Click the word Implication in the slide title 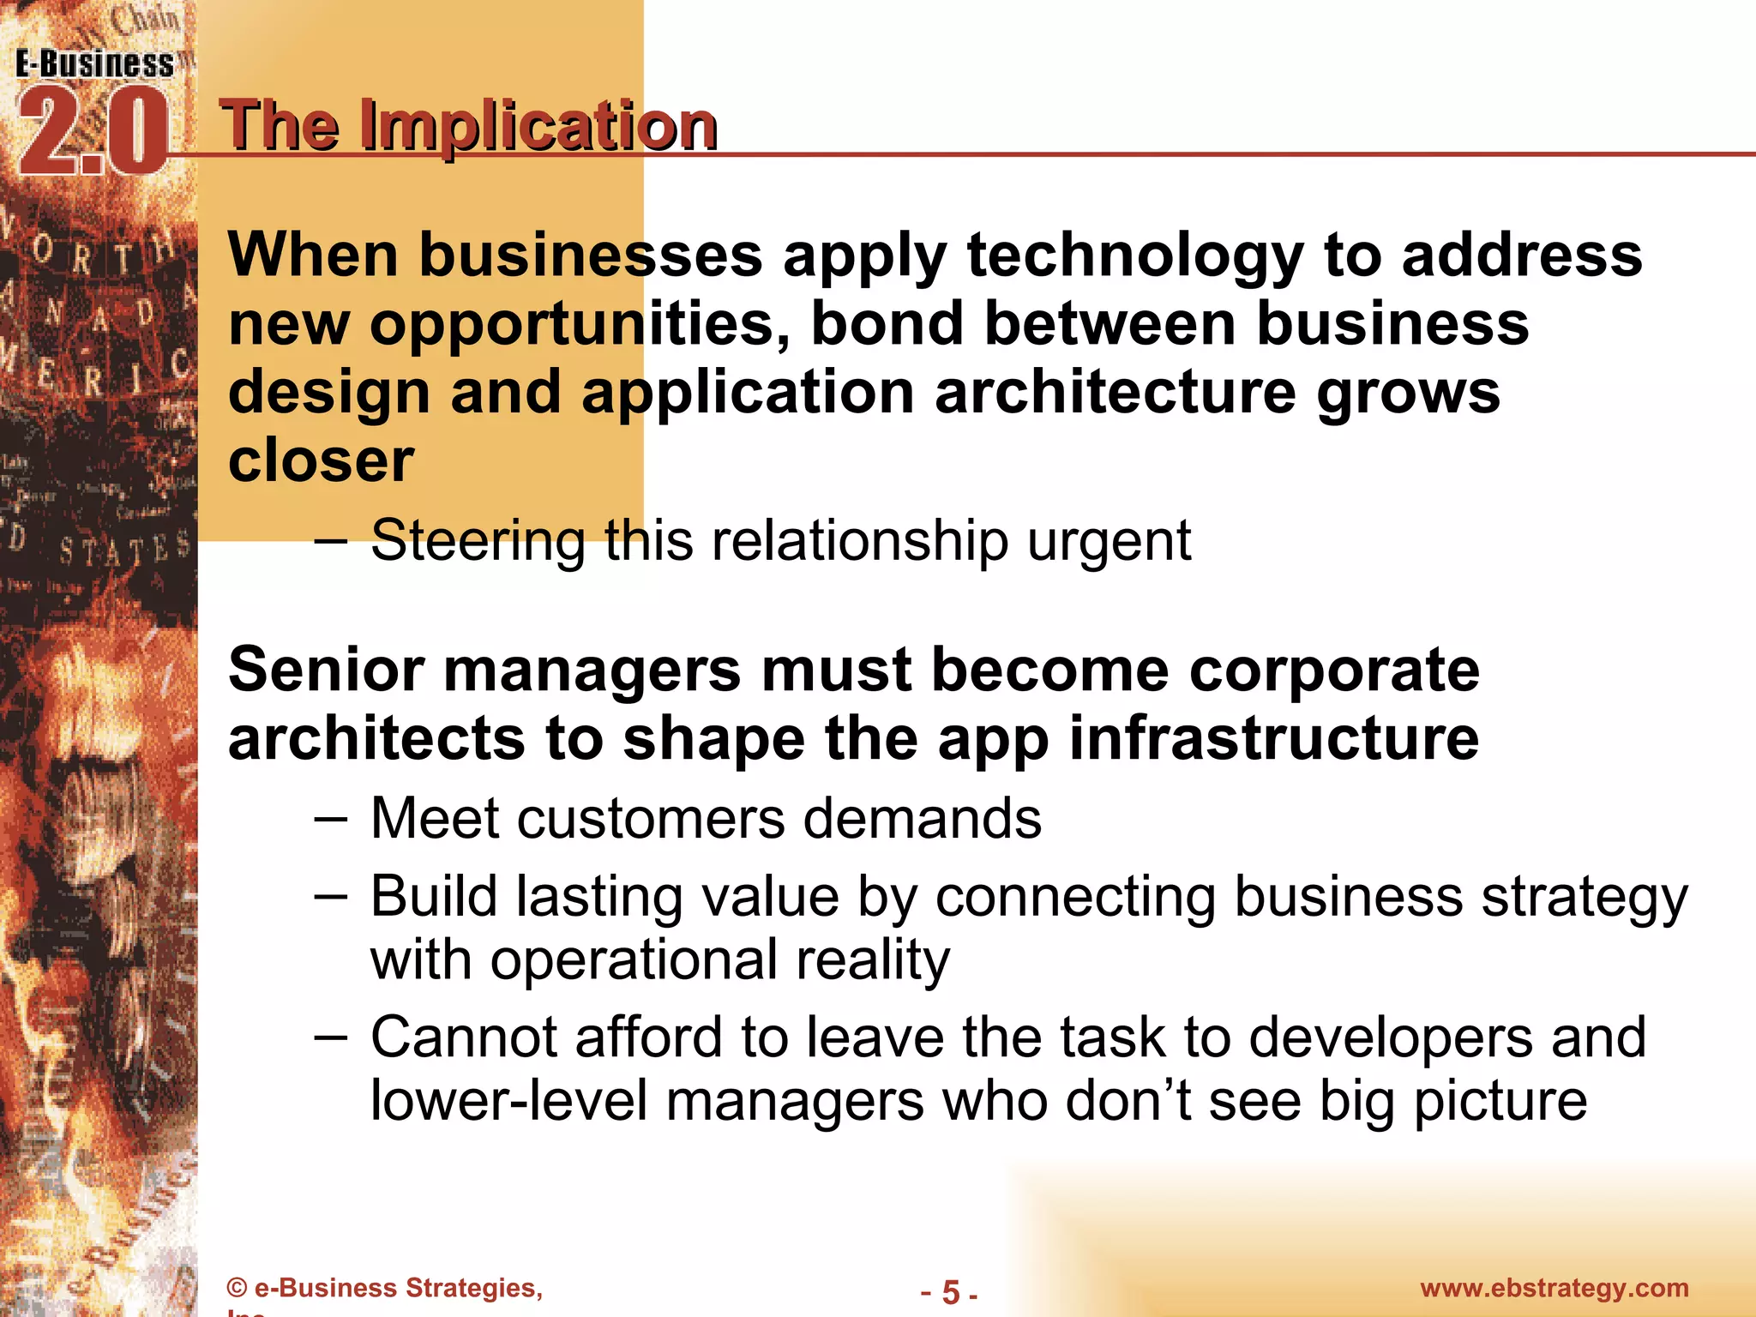[538, 127]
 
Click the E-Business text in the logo [94, 65]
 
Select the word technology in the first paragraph [1134, 257]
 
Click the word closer [321, 461]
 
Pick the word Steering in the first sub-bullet [478, 541]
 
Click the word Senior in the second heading [326, 670]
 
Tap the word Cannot [464, 1037]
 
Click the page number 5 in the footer [950, 1291]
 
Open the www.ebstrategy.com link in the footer [1554, 1288]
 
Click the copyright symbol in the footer [237, 1288]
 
